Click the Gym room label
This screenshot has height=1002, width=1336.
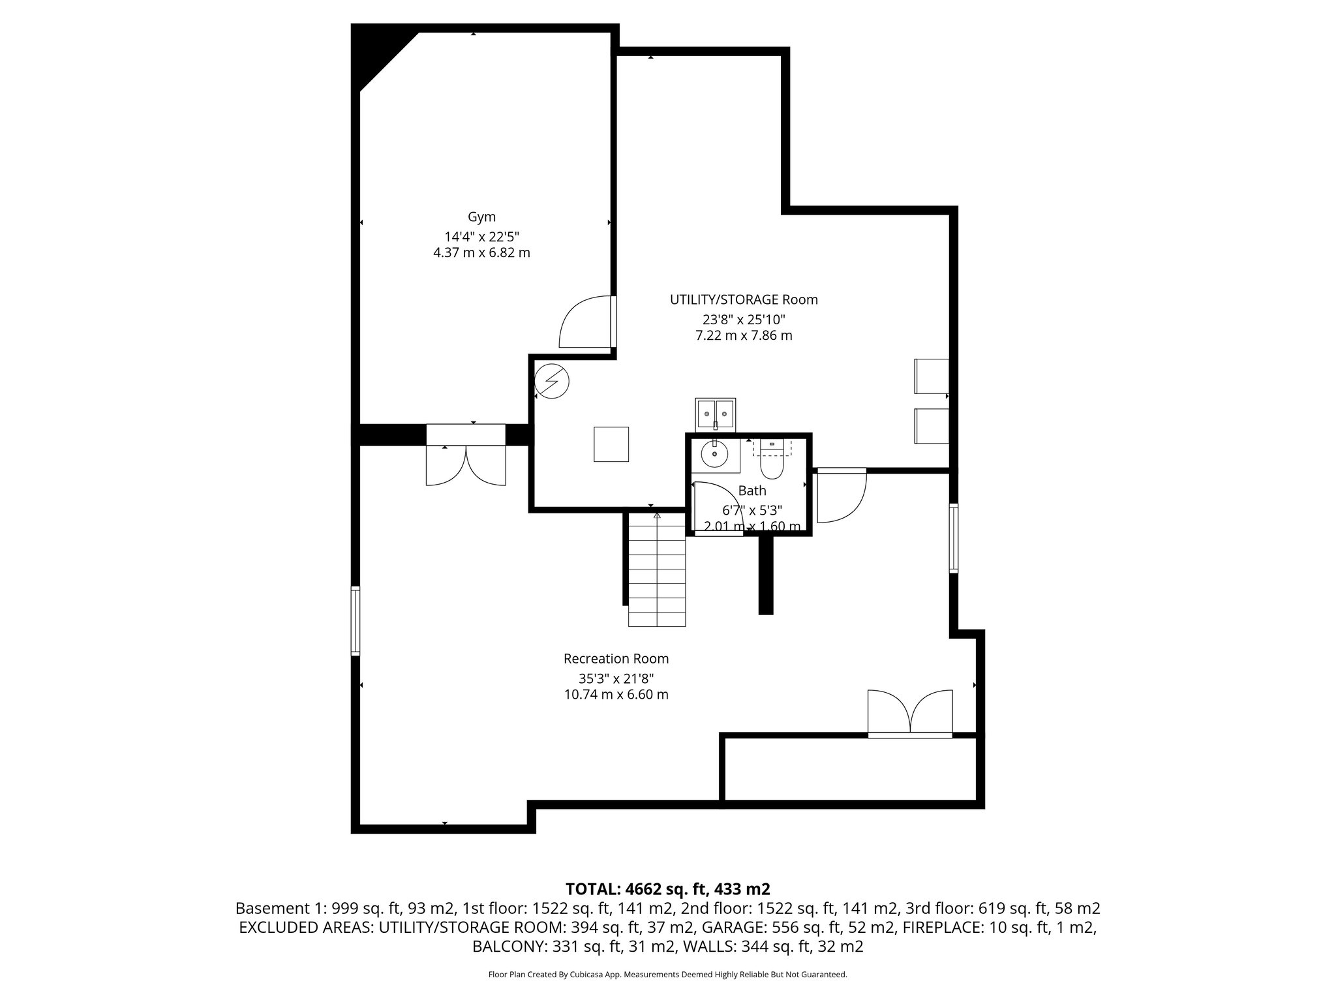[x=481, y=217]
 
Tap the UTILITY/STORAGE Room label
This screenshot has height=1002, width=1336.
[x=744, y=299]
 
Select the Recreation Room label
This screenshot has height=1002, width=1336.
[x=616, y=659]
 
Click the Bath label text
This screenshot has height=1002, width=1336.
[x=752, y=491]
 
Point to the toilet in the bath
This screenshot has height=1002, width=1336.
[x=772, y=461]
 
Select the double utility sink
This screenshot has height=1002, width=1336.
[x=716, y=413]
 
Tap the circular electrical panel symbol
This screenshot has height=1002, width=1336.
[x=551, y=381]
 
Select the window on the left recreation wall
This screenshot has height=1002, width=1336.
[x=356, y=620]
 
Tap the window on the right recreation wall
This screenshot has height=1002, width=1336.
[x=954, y=538]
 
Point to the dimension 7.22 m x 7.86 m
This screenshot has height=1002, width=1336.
[x=744, y=336]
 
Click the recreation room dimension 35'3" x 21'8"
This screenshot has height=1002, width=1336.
[x=616, y=678]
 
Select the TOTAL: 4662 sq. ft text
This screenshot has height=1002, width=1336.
[x=668, y=888]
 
